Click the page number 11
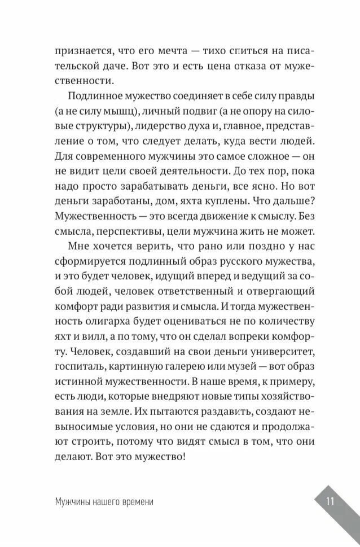331,501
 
